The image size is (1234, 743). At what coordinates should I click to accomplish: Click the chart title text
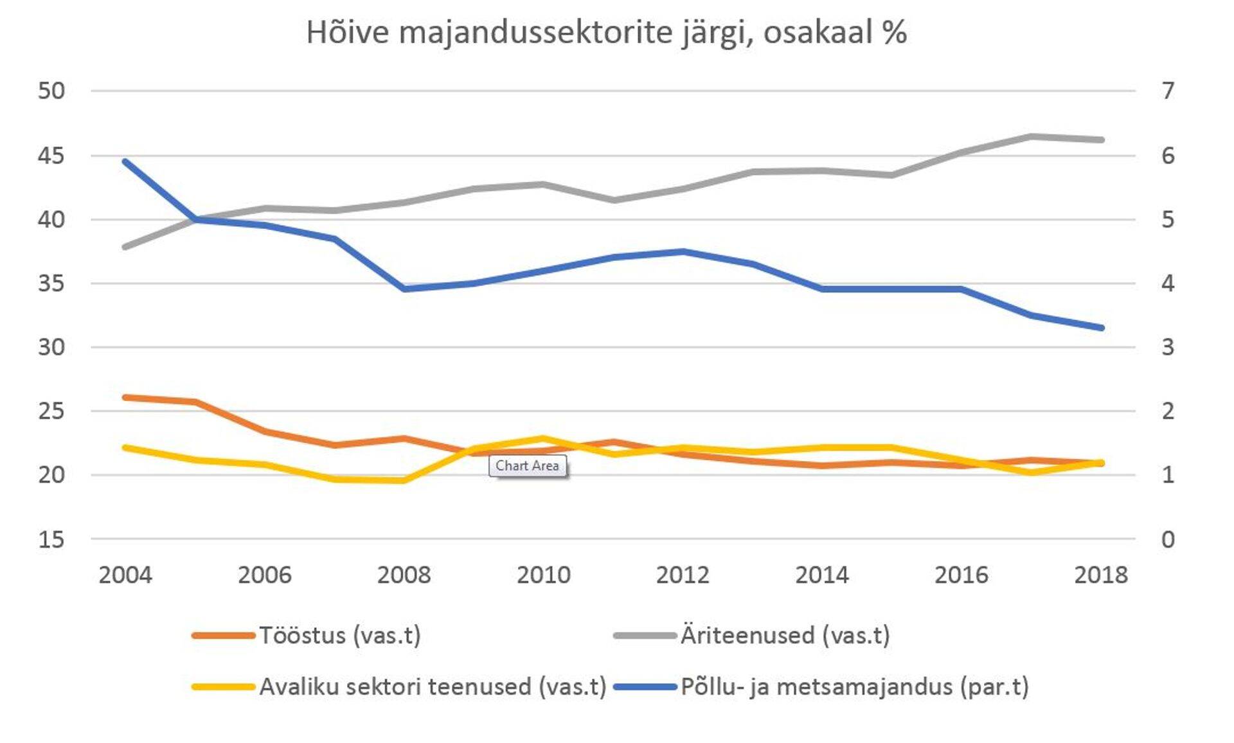click(606, 32)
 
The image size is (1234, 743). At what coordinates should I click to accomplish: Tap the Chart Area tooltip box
click(527, 465)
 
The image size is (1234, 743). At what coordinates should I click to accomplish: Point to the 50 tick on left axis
click(51, 91)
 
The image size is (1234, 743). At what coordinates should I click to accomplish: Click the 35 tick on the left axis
click(51, 283)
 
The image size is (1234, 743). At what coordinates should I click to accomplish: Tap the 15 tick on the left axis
click(51, 539)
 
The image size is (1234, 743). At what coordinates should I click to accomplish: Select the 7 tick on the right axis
click(1168, 91)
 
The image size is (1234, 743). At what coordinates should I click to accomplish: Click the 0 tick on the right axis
click(1168, 539)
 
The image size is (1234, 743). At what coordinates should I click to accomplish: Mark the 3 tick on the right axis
click(1168, 347)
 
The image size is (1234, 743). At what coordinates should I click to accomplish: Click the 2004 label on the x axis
click(125, 575)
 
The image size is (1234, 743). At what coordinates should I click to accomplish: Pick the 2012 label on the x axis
click(683, 575)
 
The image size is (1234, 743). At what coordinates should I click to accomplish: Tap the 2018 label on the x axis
click(1101, 575)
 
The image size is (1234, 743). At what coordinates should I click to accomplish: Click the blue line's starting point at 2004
click(125, 161)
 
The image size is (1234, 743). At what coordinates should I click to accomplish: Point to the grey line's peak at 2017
click(1032, 136)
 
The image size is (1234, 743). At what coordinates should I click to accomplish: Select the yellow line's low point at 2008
click(404, 480)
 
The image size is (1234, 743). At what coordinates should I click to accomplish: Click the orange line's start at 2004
click(125, 397)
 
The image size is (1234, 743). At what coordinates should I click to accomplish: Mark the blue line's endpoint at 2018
click(1102, 328)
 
